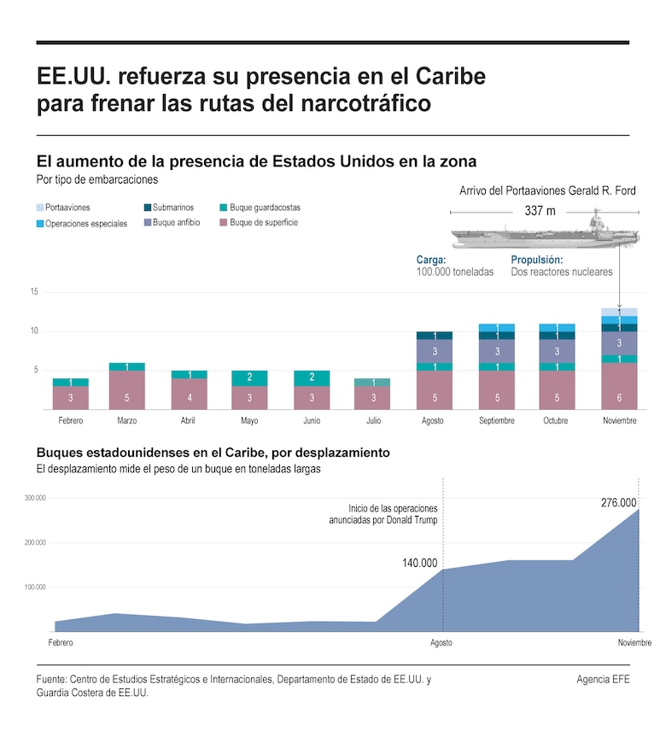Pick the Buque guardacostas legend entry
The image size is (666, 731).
(x=260, y=208)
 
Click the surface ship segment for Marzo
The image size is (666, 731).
(x=126, y=390)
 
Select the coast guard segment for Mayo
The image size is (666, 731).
(x=250, y=378)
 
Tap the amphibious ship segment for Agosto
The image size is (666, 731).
(x=435, y=351)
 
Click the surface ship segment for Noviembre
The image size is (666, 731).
(x=619, y=386)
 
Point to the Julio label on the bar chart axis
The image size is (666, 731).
(x=373, y=421)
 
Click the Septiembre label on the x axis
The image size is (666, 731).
(x=496, y=421)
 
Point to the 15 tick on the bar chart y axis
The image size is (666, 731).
(x=34, y=292)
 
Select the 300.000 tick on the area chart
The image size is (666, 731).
(x=34, y=498)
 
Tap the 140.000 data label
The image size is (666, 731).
(x=419, y=564)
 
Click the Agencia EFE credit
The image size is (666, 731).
(x=603, y=679)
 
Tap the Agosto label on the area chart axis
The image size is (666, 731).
(x=441, y=642)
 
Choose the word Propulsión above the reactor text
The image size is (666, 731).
(x=537, y=259)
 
